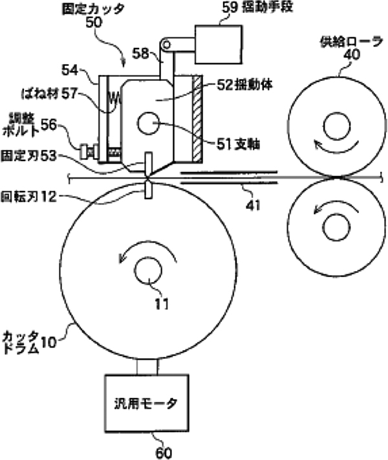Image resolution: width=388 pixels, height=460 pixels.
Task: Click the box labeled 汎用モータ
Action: tap(148, 402)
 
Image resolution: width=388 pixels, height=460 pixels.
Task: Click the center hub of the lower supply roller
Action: tap(336, 224)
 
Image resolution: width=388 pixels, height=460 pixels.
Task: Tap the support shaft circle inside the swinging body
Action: tap(147, 122)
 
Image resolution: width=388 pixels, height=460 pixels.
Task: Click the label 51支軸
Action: tap(237, 144)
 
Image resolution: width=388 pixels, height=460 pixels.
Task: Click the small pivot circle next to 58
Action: tap(166, 44)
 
